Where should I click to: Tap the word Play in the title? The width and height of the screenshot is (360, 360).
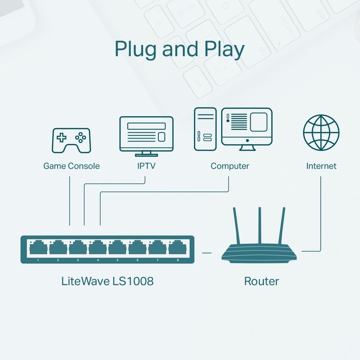225,50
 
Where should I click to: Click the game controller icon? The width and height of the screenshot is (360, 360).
71,140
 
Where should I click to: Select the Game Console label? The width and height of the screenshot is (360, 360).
71,166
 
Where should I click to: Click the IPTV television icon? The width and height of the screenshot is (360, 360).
146,135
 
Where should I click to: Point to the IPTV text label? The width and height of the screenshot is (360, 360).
146,166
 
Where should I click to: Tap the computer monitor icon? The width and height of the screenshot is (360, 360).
246,129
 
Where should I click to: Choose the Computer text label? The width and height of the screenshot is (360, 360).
230,166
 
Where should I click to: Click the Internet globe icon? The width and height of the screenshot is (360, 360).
321,132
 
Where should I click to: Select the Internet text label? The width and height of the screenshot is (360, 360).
321,166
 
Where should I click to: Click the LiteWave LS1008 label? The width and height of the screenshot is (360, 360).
108,281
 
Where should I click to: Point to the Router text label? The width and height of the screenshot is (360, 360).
261,281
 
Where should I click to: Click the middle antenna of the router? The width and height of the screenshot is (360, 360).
260,226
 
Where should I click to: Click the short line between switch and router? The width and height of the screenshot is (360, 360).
207,252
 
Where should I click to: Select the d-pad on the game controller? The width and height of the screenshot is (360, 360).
61,137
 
